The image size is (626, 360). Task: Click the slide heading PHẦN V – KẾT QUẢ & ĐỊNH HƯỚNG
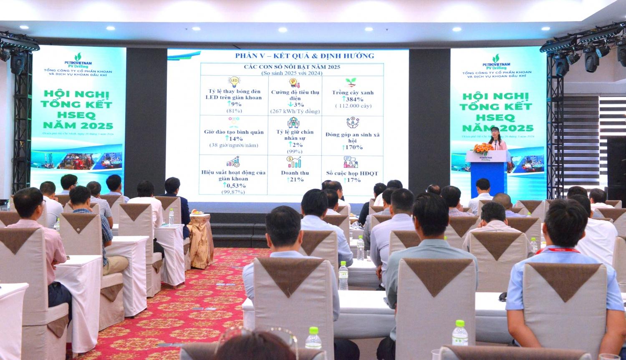(x=304, y=55)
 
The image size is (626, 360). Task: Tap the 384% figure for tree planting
(x=354, y=99)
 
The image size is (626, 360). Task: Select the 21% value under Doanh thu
(x=295, y=179)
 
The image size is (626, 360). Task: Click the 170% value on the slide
(x=353, y=147)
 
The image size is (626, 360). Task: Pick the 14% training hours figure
(x=235, y=138)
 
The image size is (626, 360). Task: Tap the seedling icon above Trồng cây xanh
(x=350, y=82)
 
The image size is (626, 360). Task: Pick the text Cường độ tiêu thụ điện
(x=295, y=96)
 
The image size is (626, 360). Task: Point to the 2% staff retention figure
(x=296, y=144)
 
